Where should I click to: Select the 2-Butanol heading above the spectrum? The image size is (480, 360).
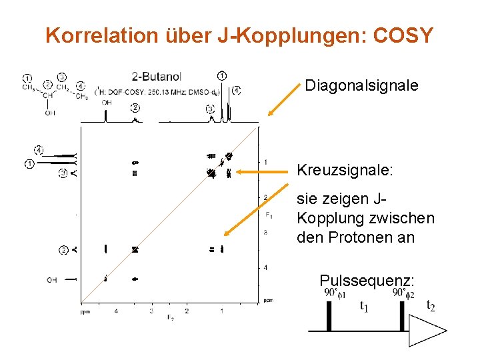click(157, 77)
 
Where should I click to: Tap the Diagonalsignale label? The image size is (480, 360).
click(361, 85)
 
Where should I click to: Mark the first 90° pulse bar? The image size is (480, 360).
click(329, 316)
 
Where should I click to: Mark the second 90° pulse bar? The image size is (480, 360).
click(402, 316)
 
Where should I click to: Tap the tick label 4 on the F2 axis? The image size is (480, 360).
click(116, 311)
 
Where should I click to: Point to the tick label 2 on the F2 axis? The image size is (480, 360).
click(187, 311)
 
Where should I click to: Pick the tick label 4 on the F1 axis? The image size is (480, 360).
click(265, 268)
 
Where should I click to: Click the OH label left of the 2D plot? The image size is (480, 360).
click(51, 280)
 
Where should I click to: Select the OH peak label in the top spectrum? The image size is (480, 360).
click(107, 103)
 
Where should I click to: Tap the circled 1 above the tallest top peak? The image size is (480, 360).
click(221, 75)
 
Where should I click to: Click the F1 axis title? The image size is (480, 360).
click(268, 215)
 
